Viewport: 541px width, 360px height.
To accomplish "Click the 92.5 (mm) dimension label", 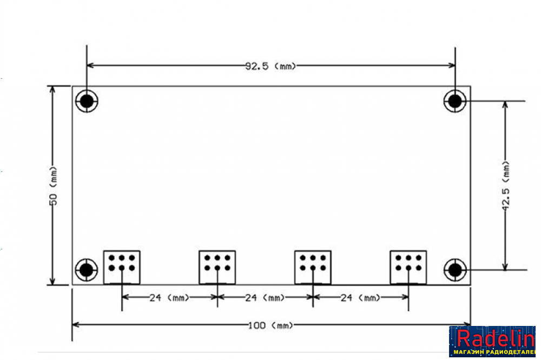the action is tap(270, 66).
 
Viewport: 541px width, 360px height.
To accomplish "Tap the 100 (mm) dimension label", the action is tap(270, 325).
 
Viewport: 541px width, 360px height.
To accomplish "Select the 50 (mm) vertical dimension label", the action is tap(54, 186).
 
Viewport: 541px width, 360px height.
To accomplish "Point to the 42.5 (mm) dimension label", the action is tap(505, 185).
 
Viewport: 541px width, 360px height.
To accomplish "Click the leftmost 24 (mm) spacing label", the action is tap(169, 298).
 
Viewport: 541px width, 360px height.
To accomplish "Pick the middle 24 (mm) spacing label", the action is tap(265, 298).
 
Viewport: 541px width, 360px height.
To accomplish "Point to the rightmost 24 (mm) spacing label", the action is tap(360, 298).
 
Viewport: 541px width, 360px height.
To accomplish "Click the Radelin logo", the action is tap(492, 342).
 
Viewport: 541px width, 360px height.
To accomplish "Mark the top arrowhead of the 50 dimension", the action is tap(52, 90).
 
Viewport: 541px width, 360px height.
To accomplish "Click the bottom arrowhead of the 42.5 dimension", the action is tap(505, 266).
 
